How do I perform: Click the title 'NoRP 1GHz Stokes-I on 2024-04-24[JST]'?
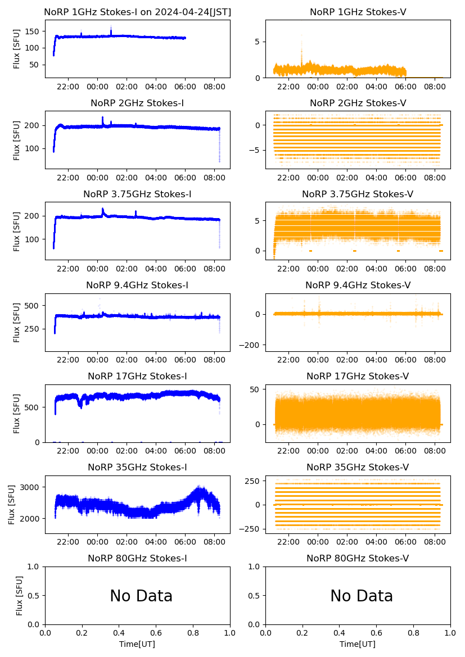137,12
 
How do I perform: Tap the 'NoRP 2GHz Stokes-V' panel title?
358,103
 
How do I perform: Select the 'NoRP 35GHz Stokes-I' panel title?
137,467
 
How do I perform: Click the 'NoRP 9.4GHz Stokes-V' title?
358,285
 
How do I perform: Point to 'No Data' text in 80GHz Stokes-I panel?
141,596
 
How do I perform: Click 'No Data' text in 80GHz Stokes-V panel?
362,596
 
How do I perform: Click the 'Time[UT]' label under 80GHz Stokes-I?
137,644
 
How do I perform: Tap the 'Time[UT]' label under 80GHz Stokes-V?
358,644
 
